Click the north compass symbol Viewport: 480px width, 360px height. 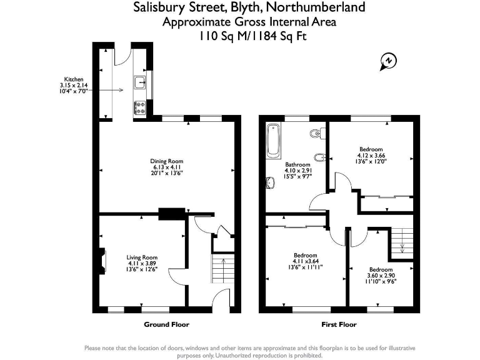coord(388,61)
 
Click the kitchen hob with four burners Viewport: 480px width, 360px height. coord(139,107)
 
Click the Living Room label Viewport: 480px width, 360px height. coord(142,257)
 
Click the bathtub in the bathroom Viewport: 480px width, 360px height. coord(272,142)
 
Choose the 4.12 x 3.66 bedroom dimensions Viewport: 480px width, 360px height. coord(371,156)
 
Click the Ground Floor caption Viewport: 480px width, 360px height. coord(166,324)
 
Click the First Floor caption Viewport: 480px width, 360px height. coord(339,324)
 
